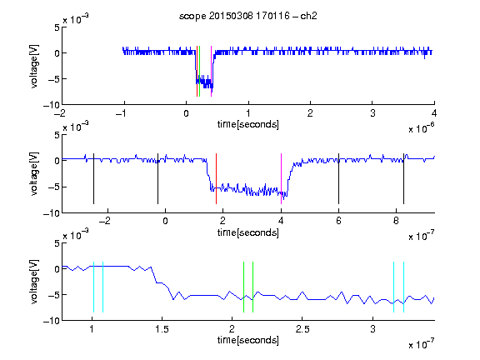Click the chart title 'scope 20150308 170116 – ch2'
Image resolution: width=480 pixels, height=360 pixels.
tap(248, 16)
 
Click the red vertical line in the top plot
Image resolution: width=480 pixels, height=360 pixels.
tap(197, 72)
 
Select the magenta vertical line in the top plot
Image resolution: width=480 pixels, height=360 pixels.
tap(211, 72)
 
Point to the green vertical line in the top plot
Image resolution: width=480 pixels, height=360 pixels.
tap(200, 72)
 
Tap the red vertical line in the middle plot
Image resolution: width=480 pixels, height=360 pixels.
tap(216, 179)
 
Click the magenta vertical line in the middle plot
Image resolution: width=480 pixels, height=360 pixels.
tap(282, 179)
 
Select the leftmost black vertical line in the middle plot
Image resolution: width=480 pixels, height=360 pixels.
tap(93, 179)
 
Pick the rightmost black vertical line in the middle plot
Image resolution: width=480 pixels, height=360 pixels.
tap(403, 179)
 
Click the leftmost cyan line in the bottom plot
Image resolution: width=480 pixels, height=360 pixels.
tap(93, 287)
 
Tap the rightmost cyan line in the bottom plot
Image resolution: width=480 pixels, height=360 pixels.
tap(404, 287)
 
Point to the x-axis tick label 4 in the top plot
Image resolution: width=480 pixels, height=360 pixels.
tap(434, 113)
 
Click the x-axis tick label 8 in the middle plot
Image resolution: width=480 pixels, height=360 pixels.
tap(396, 221)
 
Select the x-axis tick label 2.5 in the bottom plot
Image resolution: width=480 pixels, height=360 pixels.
tap(302, 329)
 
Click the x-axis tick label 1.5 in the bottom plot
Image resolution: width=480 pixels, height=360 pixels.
tap(162, 329)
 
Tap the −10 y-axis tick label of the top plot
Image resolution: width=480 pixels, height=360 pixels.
tap(51, 105)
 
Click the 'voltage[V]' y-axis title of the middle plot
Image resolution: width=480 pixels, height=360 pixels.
tap(34, 173)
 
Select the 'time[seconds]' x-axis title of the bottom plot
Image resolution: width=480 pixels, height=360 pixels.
tap(248, 340)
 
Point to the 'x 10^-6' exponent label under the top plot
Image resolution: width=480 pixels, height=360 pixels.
tap(422, 128)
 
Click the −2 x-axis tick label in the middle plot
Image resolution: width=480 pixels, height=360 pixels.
tap(105, 221)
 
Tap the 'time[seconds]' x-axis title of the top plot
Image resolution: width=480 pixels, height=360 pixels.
tap(248, 124)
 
